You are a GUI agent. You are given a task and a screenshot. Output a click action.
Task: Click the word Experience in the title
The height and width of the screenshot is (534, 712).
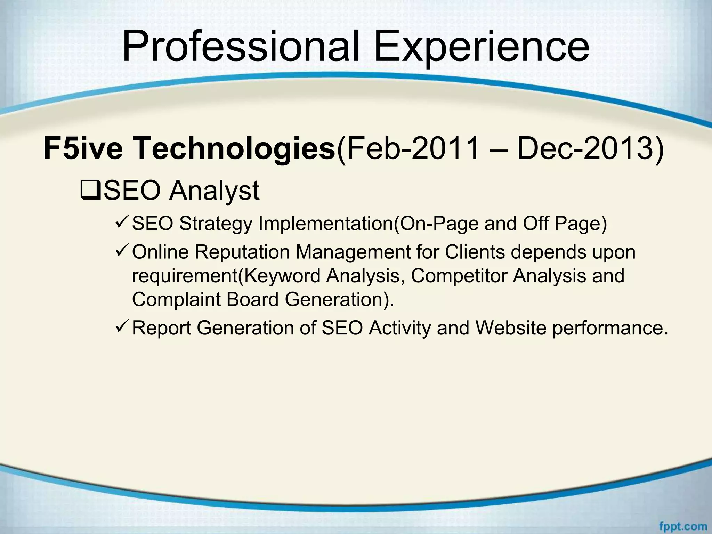click(481, 47)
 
